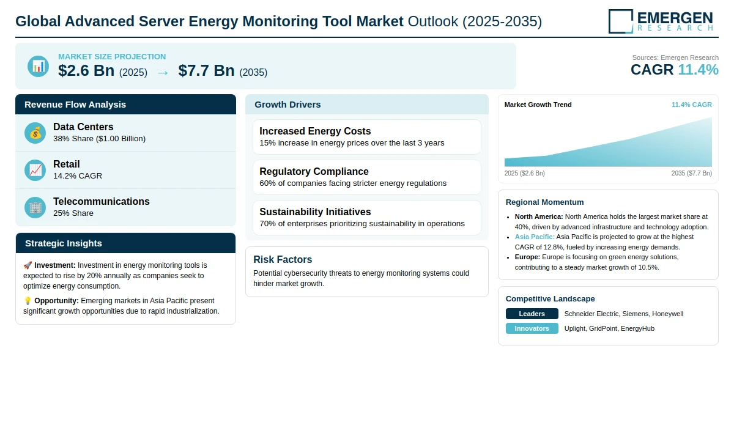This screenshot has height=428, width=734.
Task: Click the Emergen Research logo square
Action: [x=621, y=21]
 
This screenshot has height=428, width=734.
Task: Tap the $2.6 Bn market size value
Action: [x=86, y=70]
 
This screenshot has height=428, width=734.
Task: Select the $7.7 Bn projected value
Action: [x=207, y=70]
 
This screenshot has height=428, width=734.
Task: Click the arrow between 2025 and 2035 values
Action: [x=163, y=73]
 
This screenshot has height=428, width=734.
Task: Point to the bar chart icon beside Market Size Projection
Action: [x=38, y=66]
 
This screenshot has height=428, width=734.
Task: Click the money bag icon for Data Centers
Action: [x=35, y=133]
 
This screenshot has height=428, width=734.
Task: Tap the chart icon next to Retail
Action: [x=35, y=171]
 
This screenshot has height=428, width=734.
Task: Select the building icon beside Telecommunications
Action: [x=35, y=208]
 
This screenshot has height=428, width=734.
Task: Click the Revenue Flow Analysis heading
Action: [x=75, y=105]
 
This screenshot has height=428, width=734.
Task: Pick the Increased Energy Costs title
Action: [x=315, y=131]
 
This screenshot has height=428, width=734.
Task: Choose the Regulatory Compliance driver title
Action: [x=314, y=171]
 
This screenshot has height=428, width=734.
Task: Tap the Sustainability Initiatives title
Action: [x=315, y=212]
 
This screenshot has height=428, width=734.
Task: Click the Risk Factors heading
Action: [x=283, y=259]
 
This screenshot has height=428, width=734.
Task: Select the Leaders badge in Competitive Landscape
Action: [x=532, y=314]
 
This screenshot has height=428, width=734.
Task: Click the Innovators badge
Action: [x=532, y=328]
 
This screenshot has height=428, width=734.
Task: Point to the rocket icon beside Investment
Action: [x=28, y=265]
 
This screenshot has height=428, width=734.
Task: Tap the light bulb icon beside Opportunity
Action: [x=28, y=301]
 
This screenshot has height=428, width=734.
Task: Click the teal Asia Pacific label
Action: [x=535, y=237]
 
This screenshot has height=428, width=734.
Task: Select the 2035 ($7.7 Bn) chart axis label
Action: [x=691, y=173]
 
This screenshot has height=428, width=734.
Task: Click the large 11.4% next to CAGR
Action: [x=698, y=70]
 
